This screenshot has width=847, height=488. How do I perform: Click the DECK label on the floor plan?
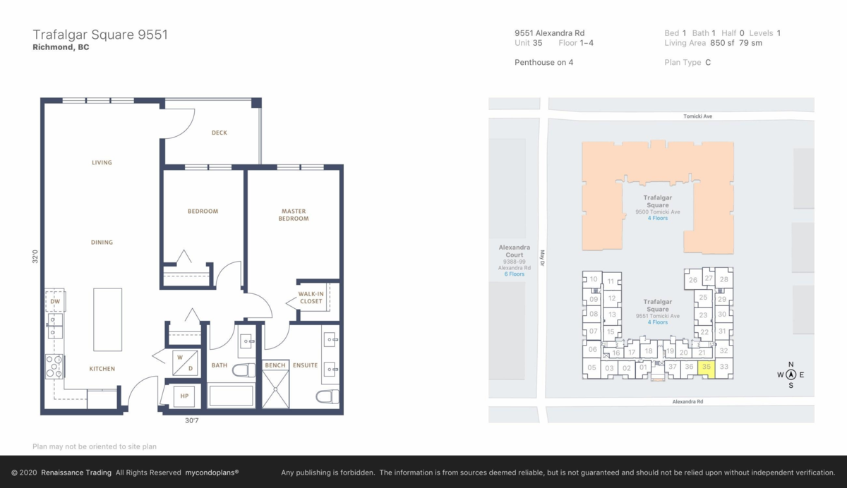[x=220, y=133]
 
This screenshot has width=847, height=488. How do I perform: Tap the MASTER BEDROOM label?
[x=294, y=214]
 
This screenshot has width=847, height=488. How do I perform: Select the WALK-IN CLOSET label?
[x=311, y=298]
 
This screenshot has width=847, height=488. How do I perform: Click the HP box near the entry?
[x=184, y=396]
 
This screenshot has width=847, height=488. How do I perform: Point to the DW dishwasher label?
[x=55, y=301]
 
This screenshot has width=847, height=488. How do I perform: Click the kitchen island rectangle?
[x=108, y=319]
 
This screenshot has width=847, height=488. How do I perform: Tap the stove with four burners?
[x=54, y=367]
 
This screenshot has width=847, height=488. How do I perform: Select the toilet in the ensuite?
[x=328, y=396]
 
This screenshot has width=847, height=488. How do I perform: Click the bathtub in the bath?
[x=231, y=396]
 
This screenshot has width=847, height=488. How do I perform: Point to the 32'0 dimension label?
[x=35, y=257]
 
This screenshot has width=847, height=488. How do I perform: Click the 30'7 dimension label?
[x=192, y=420]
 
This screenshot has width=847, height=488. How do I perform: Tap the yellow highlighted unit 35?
[x=706, y=370]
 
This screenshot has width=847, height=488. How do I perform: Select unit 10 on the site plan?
[x=593, y=279]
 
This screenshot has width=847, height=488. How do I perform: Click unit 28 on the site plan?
[x=723, y=279]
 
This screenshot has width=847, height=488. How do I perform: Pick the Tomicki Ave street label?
[x=697, y=116]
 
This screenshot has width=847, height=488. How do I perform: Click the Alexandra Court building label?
[x=515, y=251]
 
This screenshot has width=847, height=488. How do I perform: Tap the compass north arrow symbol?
[x=791, y=374]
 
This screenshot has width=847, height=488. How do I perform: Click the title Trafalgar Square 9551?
[x=100, y=35]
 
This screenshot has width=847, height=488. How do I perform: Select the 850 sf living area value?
[x=722, y=43]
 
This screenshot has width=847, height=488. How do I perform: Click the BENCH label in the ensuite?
[x=275, y=365]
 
